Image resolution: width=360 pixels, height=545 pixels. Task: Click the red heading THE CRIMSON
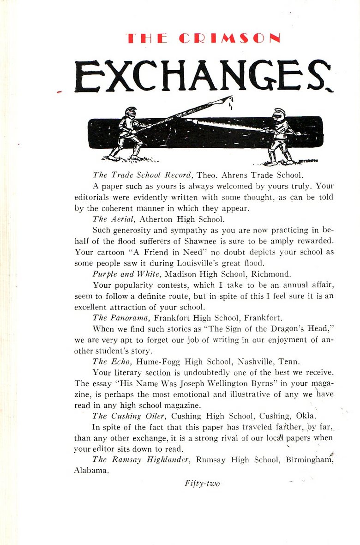coord(203,38)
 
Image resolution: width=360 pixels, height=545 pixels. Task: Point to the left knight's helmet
coord(131,112)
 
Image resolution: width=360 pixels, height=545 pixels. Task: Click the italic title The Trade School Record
coord(142,175)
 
